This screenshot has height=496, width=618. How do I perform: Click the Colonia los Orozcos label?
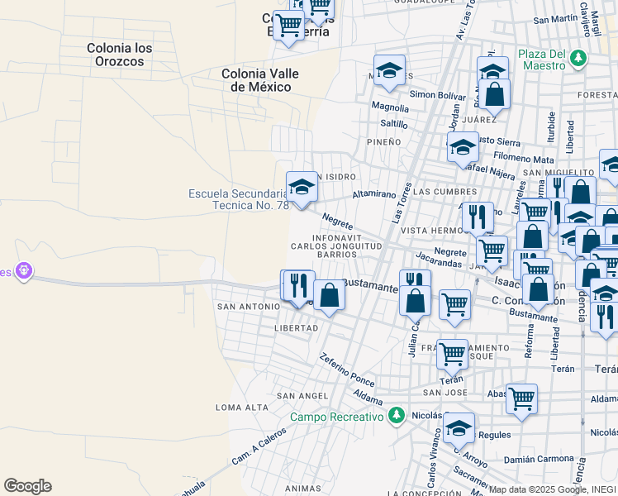point(120,55)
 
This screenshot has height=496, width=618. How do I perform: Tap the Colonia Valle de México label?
point(260,80)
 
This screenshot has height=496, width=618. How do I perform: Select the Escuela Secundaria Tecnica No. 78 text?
point(238,199)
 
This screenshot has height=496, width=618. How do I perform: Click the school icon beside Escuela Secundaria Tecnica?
point(302,188)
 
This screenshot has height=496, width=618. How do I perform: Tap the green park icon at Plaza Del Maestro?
point(578,58)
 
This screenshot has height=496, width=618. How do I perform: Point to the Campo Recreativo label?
point(336,417)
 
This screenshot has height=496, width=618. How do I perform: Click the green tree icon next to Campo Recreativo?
point(397,415)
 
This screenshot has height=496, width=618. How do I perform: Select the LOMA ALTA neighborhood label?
point(242,408)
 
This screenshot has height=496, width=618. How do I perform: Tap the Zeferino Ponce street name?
point(348,370)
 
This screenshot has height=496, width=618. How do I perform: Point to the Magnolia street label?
point(390,107)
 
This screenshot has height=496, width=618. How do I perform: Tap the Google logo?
point(27,486)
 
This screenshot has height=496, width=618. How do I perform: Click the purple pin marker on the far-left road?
point(24,270)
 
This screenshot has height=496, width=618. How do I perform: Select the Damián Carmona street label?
point(539,457)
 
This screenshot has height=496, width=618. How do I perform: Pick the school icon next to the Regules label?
point(459,427)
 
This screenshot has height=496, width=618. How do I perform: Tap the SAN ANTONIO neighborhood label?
point(248,307)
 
